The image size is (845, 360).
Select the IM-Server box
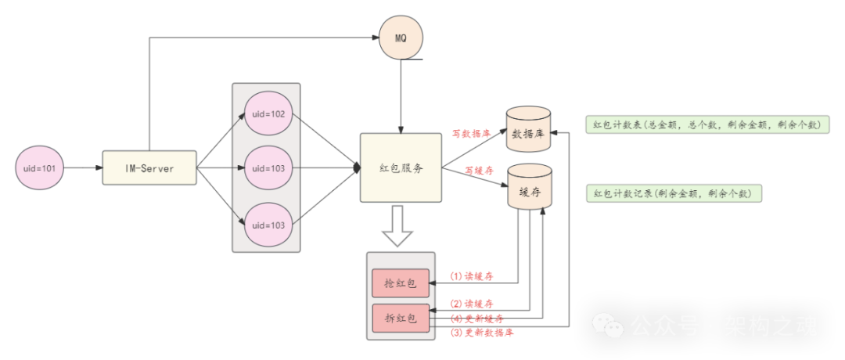tap(149, 168)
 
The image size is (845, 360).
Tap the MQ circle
tap(401, 38)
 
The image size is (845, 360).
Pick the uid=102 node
tap(268, 114)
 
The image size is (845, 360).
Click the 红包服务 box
tap(401, 168)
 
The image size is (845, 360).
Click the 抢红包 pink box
tap(401, 283)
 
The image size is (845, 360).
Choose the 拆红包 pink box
tap(401, 318)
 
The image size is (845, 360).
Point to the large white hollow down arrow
tap(400, 226)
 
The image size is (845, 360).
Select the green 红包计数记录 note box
tap(673, 193)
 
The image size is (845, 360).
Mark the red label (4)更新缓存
tap(476, 319)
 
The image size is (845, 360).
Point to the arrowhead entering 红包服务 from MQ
tap(401, 128)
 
